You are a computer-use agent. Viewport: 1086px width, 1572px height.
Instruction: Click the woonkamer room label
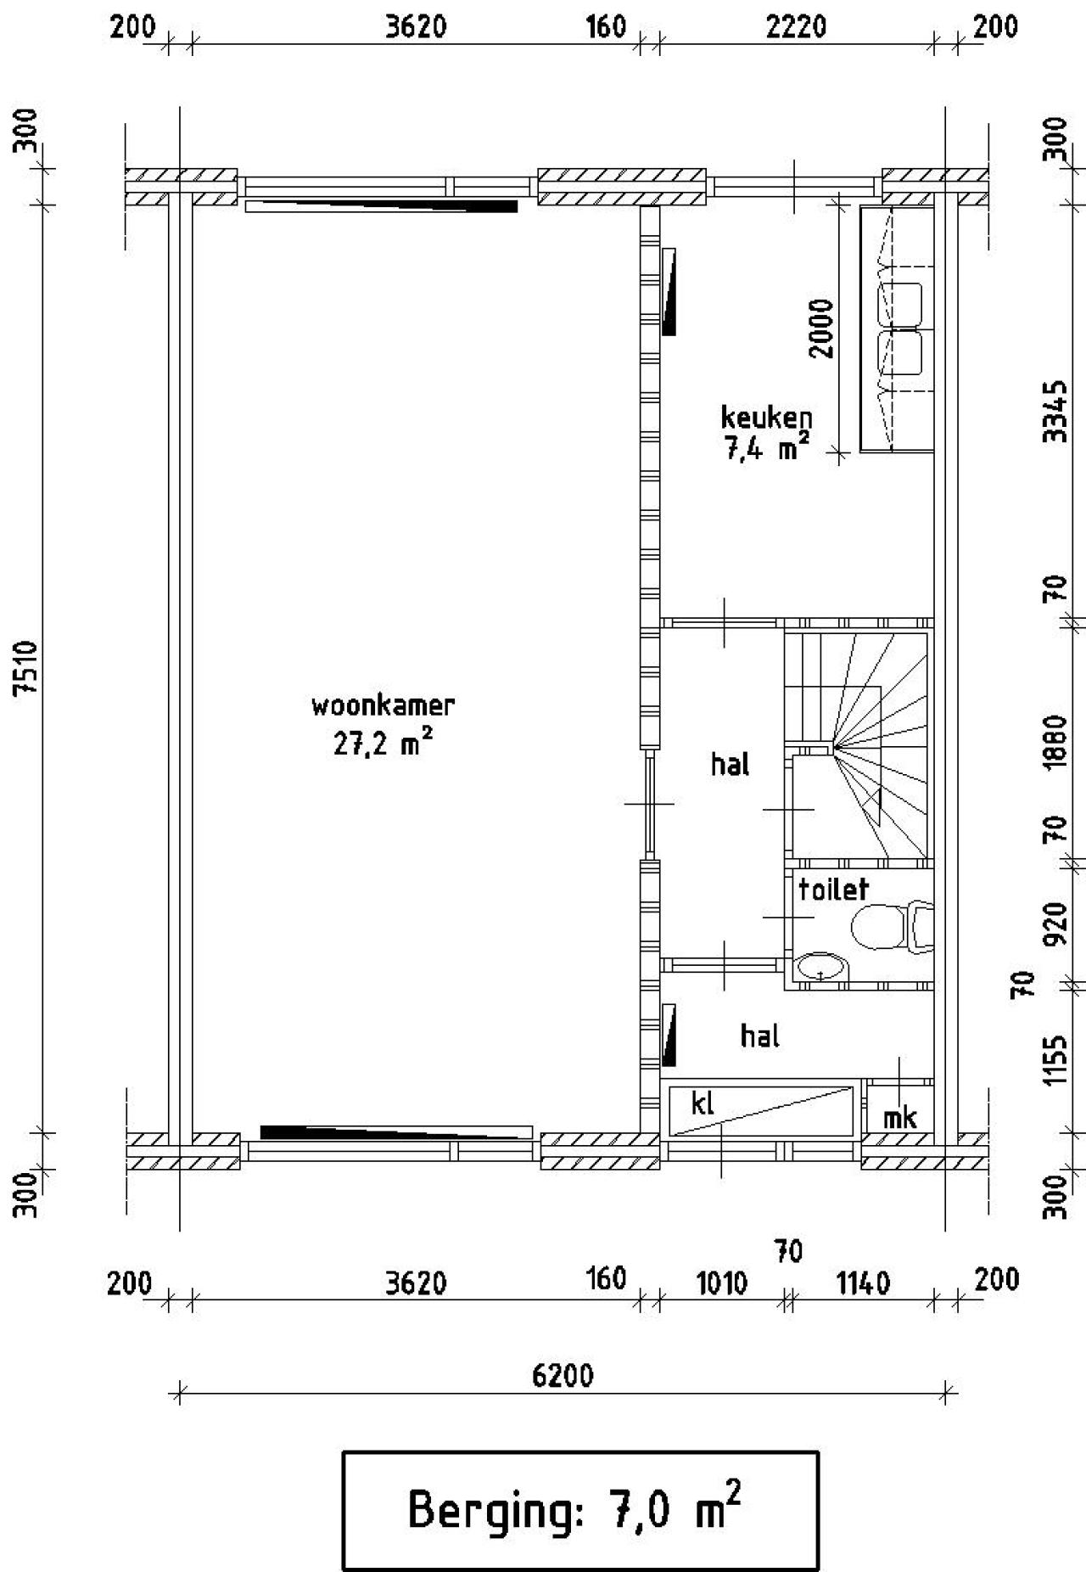click(x=383, y=705)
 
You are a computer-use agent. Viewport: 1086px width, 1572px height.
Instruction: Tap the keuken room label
click(x=766, y=417)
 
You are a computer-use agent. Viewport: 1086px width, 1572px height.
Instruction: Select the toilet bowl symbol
click(x=881, y=927)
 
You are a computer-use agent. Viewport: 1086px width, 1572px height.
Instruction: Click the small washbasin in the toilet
click(x=822, y=967)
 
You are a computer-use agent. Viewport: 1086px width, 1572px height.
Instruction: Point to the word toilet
click(x=833, y=889)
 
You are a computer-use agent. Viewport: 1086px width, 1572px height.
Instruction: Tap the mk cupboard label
click(x=899, y=1117)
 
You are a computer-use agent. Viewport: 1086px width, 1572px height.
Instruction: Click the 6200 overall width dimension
click(x=563, y=1374)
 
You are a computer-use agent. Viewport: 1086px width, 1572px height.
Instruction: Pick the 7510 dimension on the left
click(x=28, y=668)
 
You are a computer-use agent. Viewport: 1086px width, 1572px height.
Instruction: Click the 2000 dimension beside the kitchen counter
click(x=821, y=328)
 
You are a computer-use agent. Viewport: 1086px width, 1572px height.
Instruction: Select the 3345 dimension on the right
click(x=1055, y=412)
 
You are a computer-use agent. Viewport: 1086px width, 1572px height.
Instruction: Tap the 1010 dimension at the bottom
click(x=722, y=1283)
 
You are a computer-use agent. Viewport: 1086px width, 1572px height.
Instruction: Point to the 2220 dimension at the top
click(x=796, y=27)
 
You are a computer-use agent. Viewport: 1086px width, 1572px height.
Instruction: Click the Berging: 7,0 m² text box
click(x=580, y=1510)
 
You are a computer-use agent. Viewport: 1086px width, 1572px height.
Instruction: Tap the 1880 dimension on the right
click(x=1055, y=742)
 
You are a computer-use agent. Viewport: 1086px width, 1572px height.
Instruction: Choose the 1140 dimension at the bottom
click(x=864, y=1283)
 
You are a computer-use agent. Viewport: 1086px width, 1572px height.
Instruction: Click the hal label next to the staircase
click(x=730, y=765)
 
